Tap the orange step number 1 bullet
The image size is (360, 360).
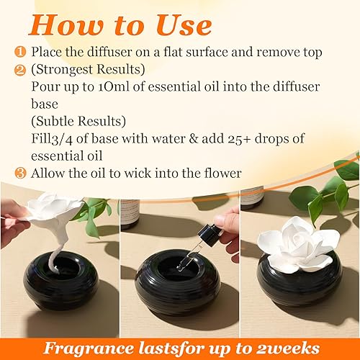[x=19, y=53]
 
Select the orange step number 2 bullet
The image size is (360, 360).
[x=19, y=71]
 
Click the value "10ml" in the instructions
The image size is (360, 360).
[x=116, y=87]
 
